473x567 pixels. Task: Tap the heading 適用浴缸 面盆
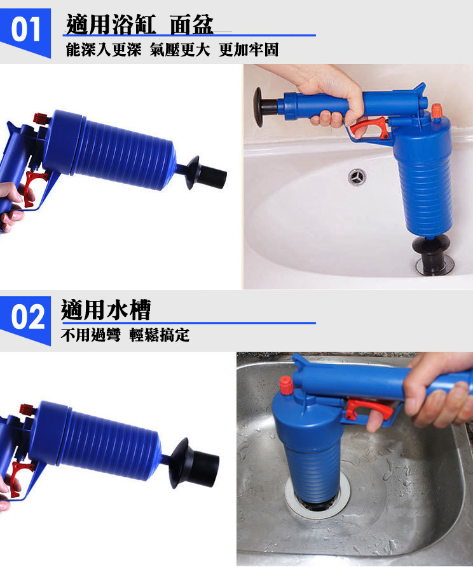[x=140, y=25]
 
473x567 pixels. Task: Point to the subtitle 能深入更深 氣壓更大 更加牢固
[x=172, y=50]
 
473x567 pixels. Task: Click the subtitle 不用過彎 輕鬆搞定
[x=125, y=335]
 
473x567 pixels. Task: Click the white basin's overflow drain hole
[x=357, y=177]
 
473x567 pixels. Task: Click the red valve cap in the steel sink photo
[x=285, y=384]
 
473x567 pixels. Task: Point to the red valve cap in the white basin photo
[x=436, y=111]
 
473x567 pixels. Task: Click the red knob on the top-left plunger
[x=41, y=119]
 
